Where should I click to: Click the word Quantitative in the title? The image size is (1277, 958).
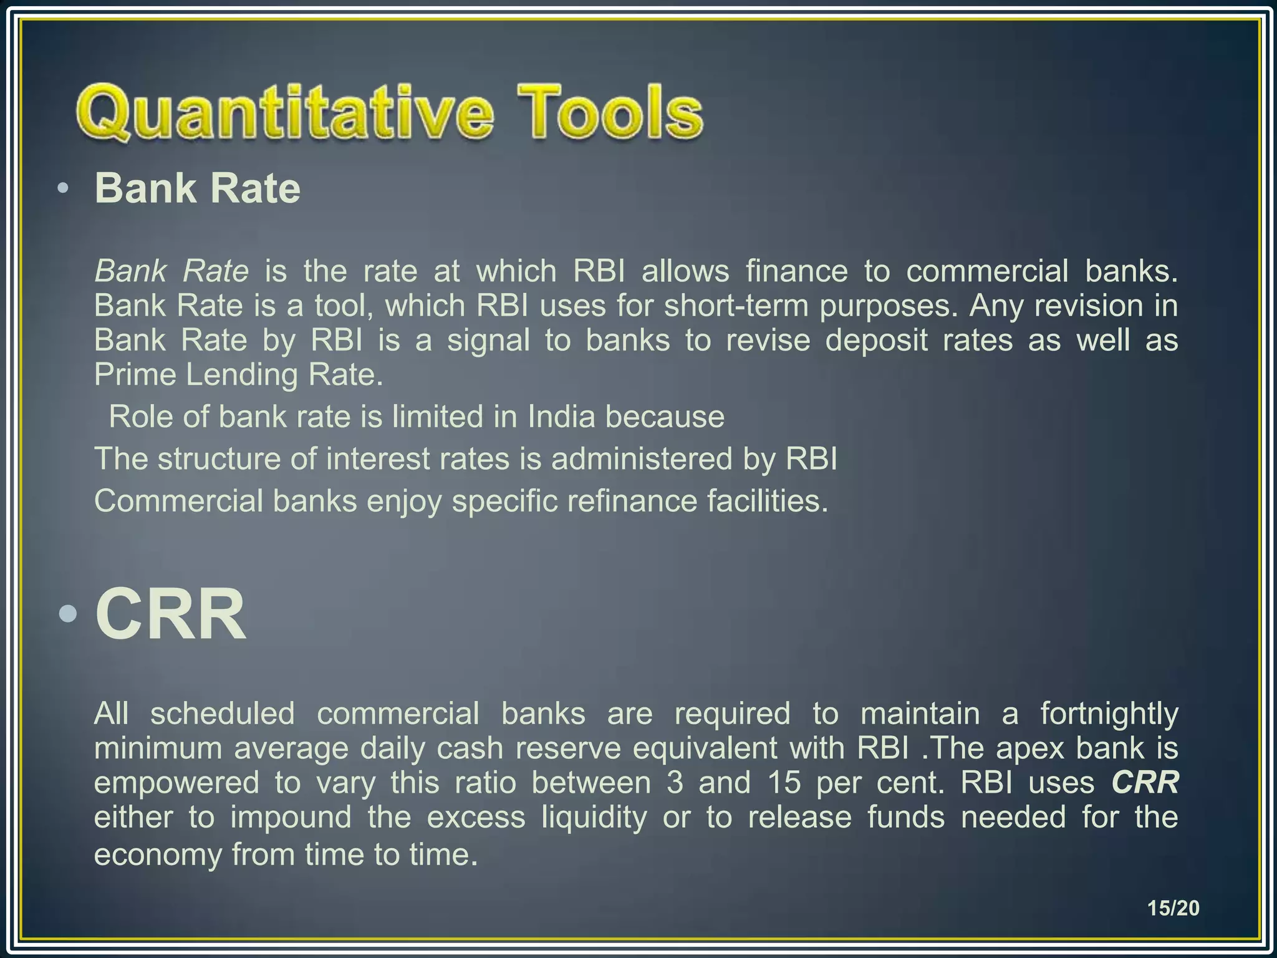coord(284,114)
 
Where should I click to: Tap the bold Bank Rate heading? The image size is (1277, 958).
coord(197,188)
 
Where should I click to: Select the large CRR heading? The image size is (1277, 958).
coord(170,615)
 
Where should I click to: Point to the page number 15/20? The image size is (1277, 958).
coord(1173,907)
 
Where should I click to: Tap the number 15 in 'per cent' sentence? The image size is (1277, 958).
coord(784,782)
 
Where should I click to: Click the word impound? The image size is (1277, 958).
coord(291,817)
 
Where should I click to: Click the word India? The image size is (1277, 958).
coord(561,417)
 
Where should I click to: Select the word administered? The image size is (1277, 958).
coord(642,459)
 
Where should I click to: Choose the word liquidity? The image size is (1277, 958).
coord(594,817)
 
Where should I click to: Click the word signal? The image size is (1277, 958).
coord(488,341)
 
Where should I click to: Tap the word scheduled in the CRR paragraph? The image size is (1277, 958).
coord(222,713)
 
